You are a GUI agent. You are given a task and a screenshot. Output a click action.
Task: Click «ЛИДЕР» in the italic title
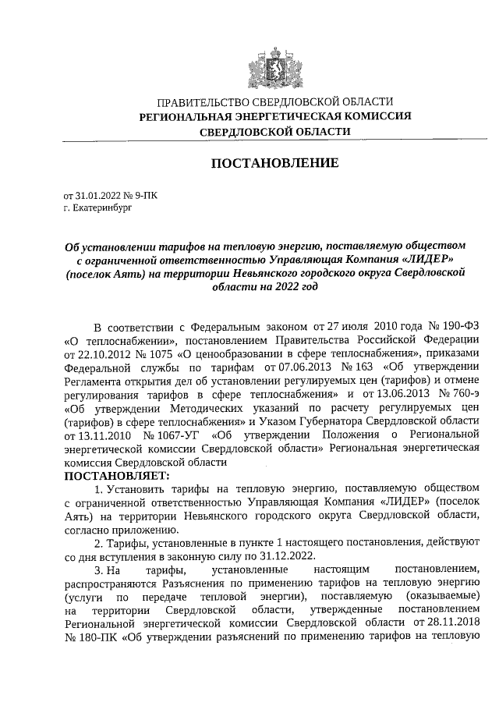tap(425, 261)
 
